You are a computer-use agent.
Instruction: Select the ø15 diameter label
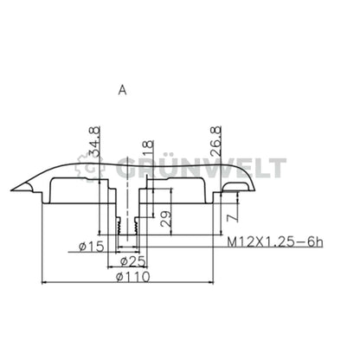click(91, 247)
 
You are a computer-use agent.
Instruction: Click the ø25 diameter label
click(132, 261)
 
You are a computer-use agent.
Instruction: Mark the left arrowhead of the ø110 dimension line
click(44, 283)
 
